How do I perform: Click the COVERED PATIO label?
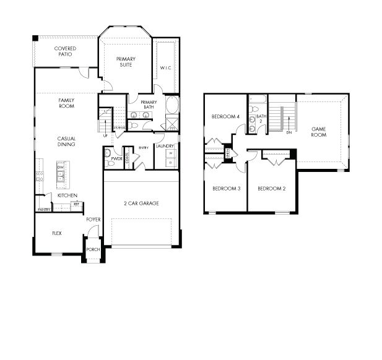tap(66, 51)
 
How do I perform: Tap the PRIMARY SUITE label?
tap(126, 62)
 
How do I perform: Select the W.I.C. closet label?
tap(165, 67)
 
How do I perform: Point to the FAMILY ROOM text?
tap(66, 103)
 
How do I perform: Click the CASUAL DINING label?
tap(66, 140)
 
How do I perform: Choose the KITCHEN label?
tap(67, 195)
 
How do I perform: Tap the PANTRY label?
tap(43, 210)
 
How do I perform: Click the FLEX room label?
tap(57, 234)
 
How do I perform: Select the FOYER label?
tap(93, 219)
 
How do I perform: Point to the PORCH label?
tap(93, 249)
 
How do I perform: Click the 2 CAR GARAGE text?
tap(142, 203)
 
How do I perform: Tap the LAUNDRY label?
tap(165, 146)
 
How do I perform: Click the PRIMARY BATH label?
tap(149, 105)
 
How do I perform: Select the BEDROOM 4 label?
tap(225, 116)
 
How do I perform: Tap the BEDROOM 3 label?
tap(226, 189)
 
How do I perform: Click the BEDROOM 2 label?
tap(271, 189)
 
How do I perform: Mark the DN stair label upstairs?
tap(289, 132)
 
